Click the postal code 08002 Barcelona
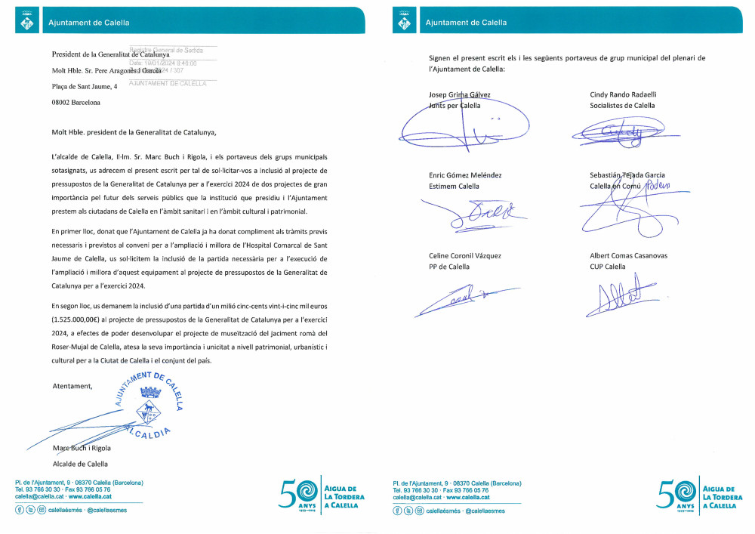click(x=75, y=102)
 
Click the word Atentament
click(x=72, y=386)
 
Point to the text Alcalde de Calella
click(x=79, y=464)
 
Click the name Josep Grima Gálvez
click(x=460, y=95)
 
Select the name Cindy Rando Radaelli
click(x=623, y=95)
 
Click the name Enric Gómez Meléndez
click(x=465, y=175)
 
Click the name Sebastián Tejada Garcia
click(x=627, y=175)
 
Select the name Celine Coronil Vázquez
click(x=465, y=256)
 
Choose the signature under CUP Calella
click(x=618, y=295)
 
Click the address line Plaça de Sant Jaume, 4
click(x=85, y=86)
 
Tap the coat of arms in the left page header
click(x=28, y=23)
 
